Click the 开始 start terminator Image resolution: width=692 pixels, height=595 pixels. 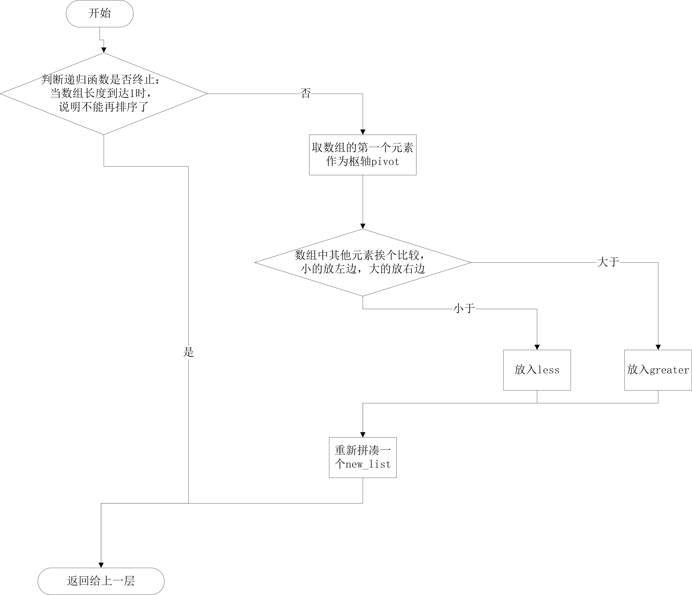pos(100,14)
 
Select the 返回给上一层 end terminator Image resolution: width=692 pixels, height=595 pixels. pos(101,581)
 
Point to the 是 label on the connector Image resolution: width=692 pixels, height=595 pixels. pos(188,352)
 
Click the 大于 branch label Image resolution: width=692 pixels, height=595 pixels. pos(608,262)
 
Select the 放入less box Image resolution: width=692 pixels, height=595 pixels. pos(537,370)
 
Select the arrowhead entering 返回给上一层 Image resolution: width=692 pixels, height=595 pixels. pos(101,565)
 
